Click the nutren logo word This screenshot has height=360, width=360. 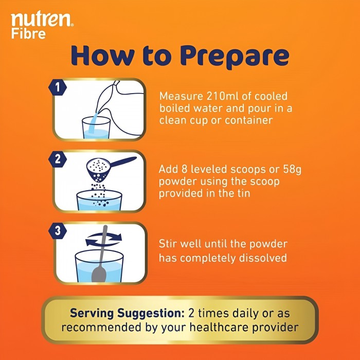coord(42,20)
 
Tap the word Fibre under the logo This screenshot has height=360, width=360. coord(28,34)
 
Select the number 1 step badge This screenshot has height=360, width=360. coord(58,88)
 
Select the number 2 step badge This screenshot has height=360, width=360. coord(58,159)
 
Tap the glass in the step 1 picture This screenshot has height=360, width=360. coord(96,127)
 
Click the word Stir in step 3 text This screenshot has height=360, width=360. coord(169,243)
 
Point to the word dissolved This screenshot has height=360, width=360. coord(261,258)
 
